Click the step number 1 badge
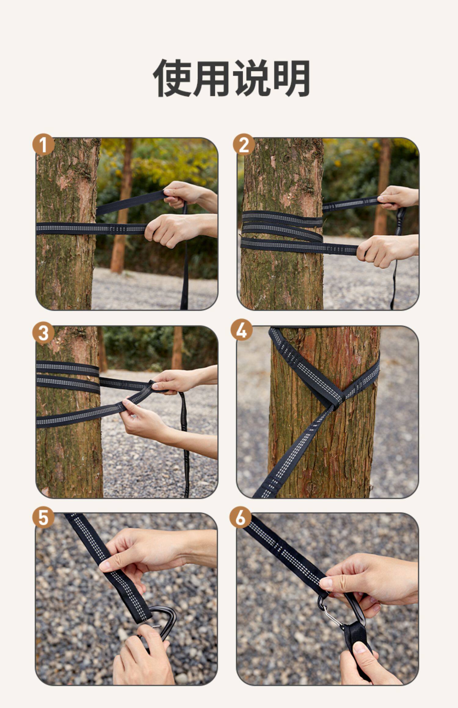(43, 145)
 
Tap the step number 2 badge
(244, 145)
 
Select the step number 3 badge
(43, 333)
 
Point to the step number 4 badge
(242, 330)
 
